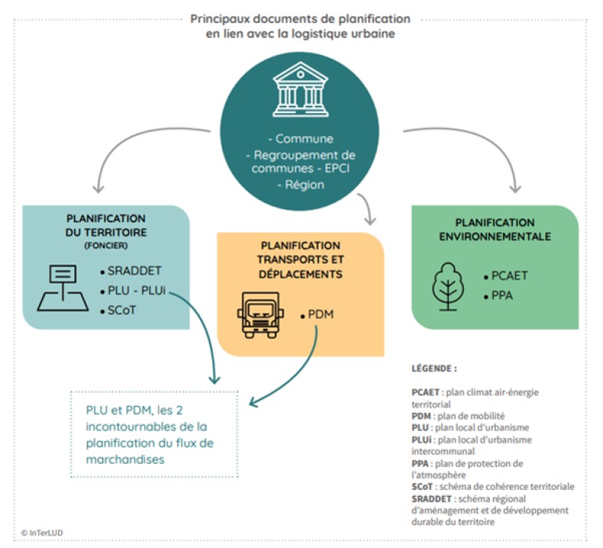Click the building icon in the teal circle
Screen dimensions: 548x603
point(300,89)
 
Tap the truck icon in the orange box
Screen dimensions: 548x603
point(260,314)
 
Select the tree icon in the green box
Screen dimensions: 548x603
point(446,285)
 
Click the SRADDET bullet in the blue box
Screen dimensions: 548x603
point(132,272)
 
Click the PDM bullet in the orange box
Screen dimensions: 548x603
point(320,314)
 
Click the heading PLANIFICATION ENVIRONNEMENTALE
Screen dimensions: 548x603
point(494,229)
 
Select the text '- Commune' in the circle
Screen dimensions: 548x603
point(300,139)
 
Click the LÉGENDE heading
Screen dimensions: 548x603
point(433,368)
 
